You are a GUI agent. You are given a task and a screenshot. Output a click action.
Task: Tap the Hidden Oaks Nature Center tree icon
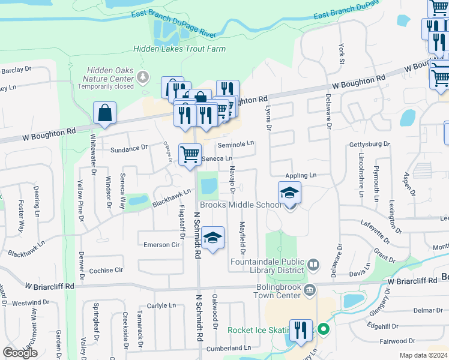(143, 77)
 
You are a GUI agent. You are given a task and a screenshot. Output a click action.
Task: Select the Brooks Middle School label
(241, 205)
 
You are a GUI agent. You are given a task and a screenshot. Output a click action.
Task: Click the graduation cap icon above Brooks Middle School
(289, 193)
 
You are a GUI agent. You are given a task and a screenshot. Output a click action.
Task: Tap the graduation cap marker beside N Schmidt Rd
(212, 238)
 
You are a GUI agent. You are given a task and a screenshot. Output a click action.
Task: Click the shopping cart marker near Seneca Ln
(190, 154)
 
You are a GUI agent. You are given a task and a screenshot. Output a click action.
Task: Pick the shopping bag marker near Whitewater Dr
(104, 113)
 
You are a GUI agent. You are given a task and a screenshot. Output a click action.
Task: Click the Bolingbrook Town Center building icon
(309, 291)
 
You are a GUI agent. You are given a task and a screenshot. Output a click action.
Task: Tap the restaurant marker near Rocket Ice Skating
(301, 330)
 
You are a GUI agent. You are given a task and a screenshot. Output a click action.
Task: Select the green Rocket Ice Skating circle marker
(323, 329)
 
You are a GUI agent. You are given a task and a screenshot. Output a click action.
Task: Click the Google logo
(20, 353)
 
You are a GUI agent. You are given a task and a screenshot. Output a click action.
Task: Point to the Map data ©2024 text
(423, 355)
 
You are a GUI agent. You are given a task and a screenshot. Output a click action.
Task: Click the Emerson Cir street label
(161, 245)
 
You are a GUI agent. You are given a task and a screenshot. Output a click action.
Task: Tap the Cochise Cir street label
(106, 271)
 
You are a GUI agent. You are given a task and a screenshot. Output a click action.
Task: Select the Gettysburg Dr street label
(370, 145)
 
